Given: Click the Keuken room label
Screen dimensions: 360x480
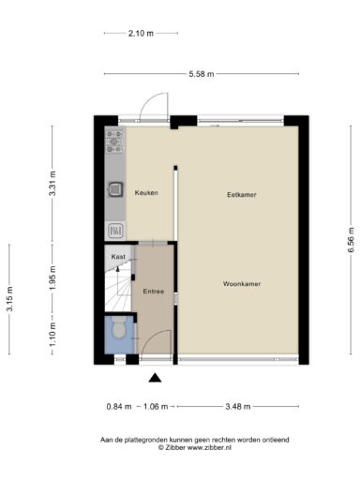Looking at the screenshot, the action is [x=146, y=193].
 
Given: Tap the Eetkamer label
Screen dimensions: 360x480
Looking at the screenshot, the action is [x=242, y=195].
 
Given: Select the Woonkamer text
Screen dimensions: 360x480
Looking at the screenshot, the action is [x=242, y=284].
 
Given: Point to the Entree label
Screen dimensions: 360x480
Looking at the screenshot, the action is [x=154, y=292].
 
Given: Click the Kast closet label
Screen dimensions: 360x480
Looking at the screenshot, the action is [x=118, y=257].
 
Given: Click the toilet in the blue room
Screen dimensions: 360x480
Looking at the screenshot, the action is [x=119, y=327].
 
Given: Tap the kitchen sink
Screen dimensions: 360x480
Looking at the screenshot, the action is [x=115, y=189].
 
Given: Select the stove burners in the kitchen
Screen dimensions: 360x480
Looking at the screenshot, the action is [x=114, y=142].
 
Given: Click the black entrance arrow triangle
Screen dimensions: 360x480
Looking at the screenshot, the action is [x=155, y=378].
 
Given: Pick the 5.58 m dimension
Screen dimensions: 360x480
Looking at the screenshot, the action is [x=202, y=74].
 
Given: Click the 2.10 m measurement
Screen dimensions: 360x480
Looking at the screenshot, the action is [x=141, y=33].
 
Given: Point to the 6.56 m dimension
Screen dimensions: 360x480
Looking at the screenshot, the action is [x=351, y=240].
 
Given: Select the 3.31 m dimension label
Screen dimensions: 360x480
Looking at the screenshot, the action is [x=52, y=184].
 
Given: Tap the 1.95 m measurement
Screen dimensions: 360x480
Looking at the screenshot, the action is [x=52, y=277].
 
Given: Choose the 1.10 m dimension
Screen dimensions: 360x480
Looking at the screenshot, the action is [x=52, y=335].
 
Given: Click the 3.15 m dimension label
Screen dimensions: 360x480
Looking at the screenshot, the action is [x=9, y=299].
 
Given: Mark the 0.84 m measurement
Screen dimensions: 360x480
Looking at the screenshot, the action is [x=119, y=407].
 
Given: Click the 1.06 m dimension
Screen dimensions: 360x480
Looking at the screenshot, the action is [x=156, y=407].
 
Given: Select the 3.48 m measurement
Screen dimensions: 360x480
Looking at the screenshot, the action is [x=238, y=407].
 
